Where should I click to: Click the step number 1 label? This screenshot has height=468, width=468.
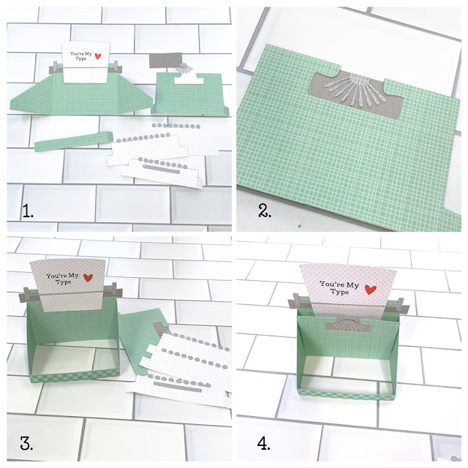(28, 211)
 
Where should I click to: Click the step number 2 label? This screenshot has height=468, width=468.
(265, 211)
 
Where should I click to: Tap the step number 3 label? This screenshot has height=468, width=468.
(26, 443)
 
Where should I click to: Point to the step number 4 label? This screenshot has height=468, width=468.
(263, 443)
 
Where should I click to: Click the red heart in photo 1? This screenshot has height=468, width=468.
(98, 56)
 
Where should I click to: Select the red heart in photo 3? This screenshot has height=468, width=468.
(88, 278)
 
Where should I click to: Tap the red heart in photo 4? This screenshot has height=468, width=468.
(371, 290)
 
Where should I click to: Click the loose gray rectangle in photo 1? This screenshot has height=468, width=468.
(165, 61)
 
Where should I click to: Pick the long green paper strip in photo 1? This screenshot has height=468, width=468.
(74, 141)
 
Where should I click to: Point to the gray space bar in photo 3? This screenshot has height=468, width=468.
(178, 386)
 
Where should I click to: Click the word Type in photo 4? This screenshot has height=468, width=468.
(339, 292)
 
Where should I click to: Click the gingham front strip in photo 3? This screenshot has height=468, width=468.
(75, 377)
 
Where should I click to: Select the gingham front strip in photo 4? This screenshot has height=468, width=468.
(346, 395)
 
